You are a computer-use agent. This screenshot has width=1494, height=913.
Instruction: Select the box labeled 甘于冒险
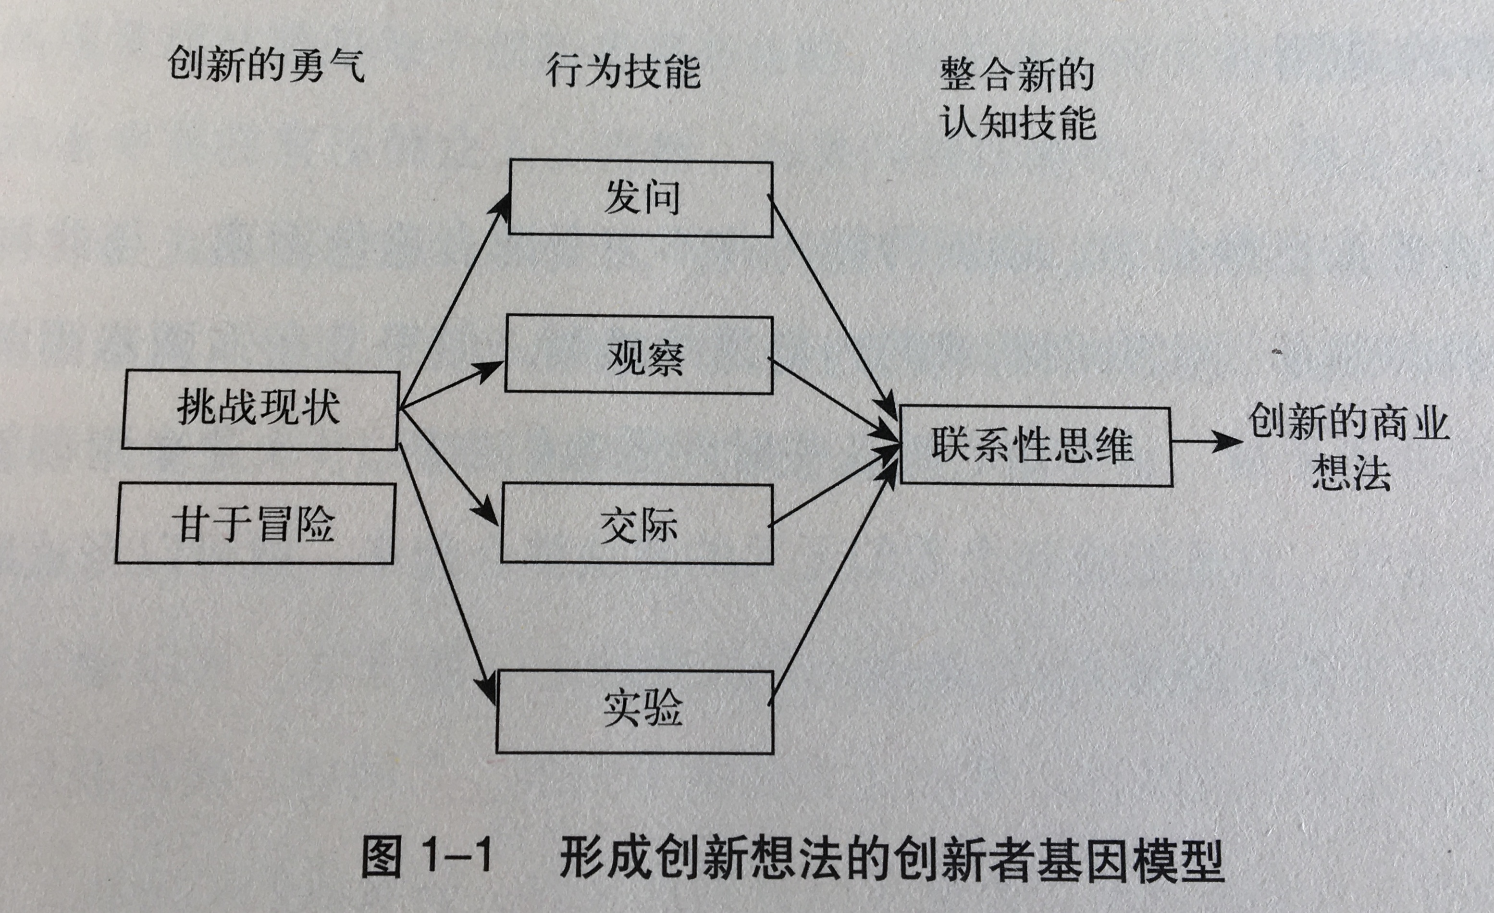tap(255, 523)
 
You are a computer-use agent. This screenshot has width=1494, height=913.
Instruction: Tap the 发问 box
tap(640, 197)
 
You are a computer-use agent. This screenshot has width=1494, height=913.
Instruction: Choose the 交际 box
tap(637, 524)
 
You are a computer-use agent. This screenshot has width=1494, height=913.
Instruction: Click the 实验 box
tap(635, 711)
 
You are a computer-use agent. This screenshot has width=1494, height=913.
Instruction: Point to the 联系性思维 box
tap(1036, 445)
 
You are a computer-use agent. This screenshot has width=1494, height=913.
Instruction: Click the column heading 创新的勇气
tap(266, 65)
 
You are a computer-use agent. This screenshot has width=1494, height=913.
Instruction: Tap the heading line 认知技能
tap(1018, 123)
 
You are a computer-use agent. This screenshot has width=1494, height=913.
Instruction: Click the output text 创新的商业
tap(1348, 422)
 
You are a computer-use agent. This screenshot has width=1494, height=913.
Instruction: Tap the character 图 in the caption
tap(382, 857)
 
